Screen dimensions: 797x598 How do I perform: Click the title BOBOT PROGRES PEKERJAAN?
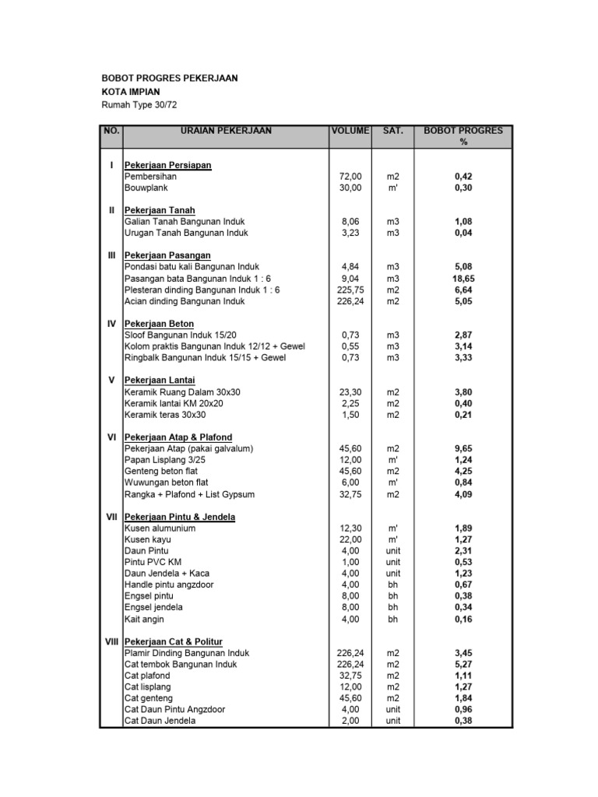click(x=170, y=78)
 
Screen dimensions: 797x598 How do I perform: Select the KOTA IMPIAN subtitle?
click(x=132, y=92)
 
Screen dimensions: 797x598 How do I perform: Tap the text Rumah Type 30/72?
click(x=145, y=105)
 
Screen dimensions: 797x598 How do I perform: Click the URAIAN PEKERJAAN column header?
click(x=226, y=131)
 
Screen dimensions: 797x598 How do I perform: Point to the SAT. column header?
click(x=392, y=131)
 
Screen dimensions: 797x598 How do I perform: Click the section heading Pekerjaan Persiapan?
click(x=168, y=166)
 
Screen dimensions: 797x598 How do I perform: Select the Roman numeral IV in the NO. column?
click(x=111, y=323)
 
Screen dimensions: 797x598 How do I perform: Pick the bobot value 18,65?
click(x=464, y=278)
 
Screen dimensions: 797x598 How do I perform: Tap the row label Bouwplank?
click(x=146, y=188)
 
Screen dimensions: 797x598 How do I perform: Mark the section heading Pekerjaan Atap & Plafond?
click(x=178, y=437)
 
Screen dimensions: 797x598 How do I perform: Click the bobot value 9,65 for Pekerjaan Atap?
click(x=464, y=449)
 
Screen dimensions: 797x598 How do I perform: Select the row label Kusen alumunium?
click(x=160, y=528)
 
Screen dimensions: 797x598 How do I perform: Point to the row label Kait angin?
click(x=144, y=620)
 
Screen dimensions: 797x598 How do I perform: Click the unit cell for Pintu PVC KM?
click(x=392, y=562)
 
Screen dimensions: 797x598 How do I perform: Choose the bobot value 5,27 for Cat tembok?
click(x=464, y=665)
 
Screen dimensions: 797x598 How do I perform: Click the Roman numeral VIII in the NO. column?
click(x=111, y=641)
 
